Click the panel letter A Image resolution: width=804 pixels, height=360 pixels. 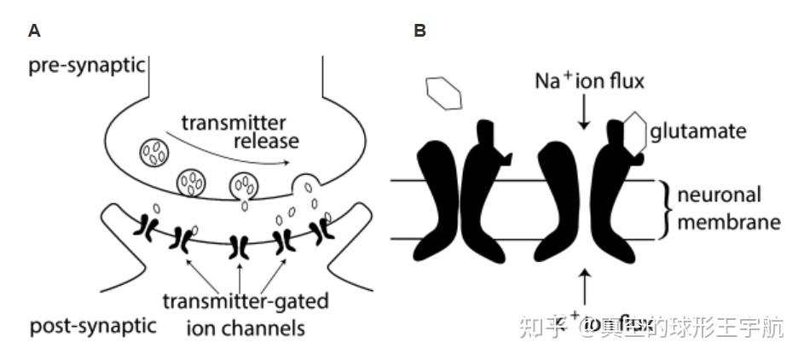34,31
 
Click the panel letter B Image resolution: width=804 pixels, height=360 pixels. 419,31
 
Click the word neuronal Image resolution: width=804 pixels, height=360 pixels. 719,195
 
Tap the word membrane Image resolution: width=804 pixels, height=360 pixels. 729,223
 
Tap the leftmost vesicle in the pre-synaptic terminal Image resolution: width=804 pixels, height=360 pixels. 154,152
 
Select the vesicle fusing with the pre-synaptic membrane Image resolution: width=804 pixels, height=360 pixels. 304,184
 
